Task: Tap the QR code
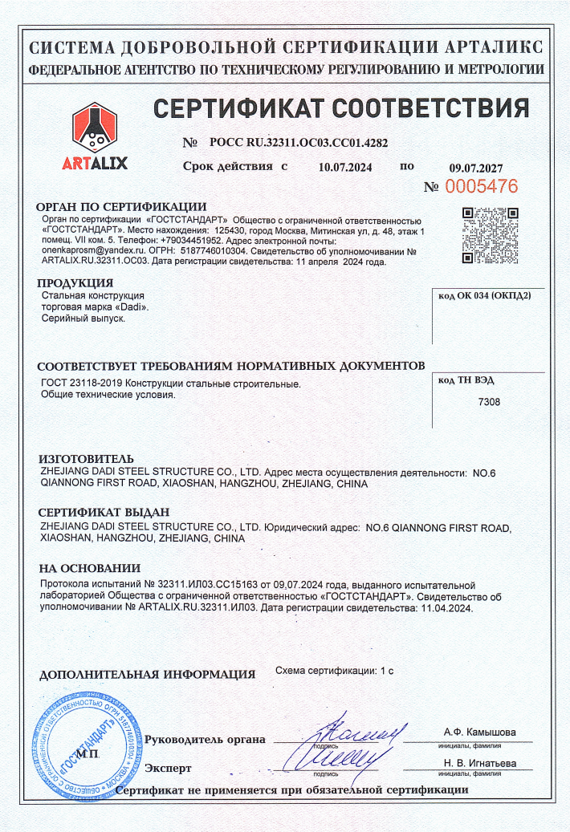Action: pyautogui.click(x=490, y=235)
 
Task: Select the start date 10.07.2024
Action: pyautogui.click(x=346, y=168)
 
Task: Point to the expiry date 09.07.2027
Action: pyautogui.click(x=475, y=168)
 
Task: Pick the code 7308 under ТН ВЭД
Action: pyautogui.click(x=488, y=401)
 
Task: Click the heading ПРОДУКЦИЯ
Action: pyautogui.click(x=75, y=283)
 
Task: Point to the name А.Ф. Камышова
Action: pyautogui.click(x=479, y=733)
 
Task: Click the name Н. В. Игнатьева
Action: pyautogui.click(x=479, y=763)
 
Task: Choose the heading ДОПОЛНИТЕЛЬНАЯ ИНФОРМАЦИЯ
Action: pyautogui.click(x=147, y=675)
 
